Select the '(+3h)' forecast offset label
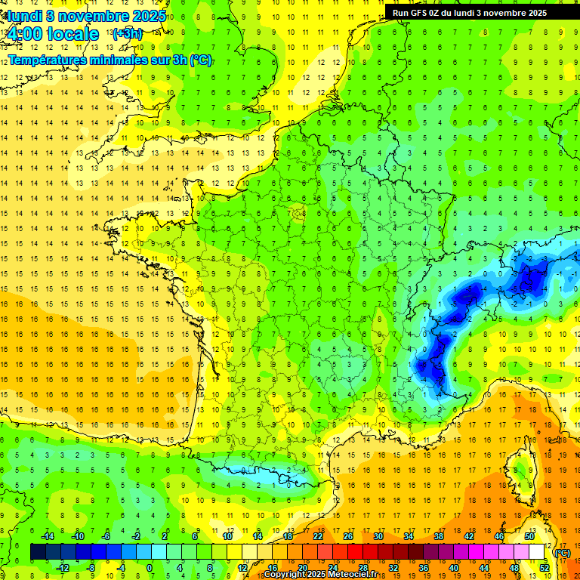(127, 34)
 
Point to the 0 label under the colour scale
(150, 568)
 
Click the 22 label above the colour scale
(318, 536)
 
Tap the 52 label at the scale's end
(545, 568)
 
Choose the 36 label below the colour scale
(423, 568)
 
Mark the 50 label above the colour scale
(529, 536)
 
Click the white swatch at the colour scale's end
(537, 552)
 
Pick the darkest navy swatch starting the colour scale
(38, 552)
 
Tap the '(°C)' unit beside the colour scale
(562, 553)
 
